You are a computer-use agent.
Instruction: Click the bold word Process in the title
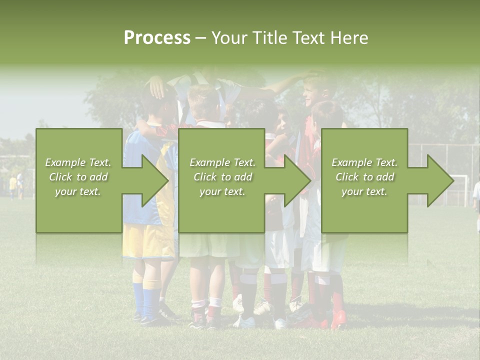[x=157, y=38]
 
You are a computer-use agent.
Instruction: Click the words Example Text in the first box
[x=78, y=162]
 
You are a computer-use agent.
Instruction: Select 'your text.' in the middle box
[x=222, y=191]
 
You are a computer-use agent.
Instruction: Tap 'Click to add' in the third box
[x=365, y=177]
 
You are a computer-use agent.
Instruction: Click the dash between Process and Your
[x=200, y=38]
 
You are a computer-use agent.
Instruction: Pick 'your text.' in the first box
[x=78, y=191]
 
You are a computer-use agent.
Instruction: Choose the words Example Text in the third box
[x=364, y=162]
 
